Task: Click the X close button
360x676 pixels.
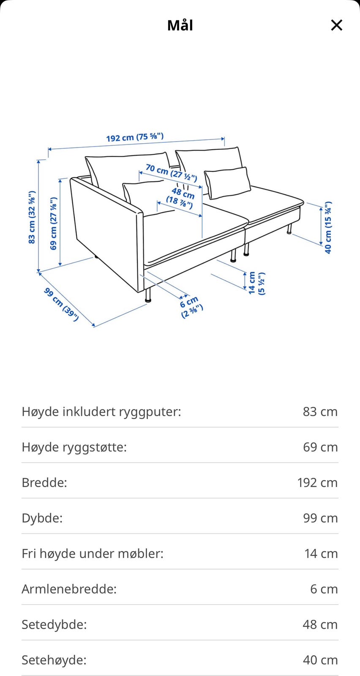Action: click(x=336, y=25)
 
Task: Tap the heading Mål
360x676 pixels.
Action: click(x=180, y=25)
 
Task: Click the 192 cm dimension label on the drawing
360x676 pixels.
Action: click(x=134, y=137)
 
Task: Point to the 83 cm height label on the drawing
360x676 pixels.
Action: click(x=32, y=217)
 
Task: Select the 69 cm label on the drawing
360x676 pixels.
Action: click(x=54, y=224)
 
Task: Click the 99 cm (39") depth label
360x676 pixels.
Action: click(x=62, y=304)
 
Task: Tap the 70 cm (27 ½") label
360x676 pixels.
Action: click(x=171, y=172)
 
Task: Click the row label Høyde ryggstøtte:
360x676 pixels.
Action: click(x=74, y=447)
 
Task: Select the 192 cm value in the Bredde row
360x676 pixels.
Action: click(x=317, y=482)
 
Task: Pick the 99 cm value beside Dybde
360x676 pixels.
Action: click(x=320, y=518)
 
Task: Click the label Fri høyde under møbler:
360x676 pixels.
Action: click(x=93, y=553)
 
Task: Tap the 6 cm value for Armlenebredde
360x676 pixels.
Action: click(x=324, y=589)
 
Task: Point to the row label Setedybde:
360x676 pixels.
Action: click(x=54, y=624)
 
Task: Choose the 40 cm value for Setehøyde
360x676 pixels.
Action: click(x=320, y=660)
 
